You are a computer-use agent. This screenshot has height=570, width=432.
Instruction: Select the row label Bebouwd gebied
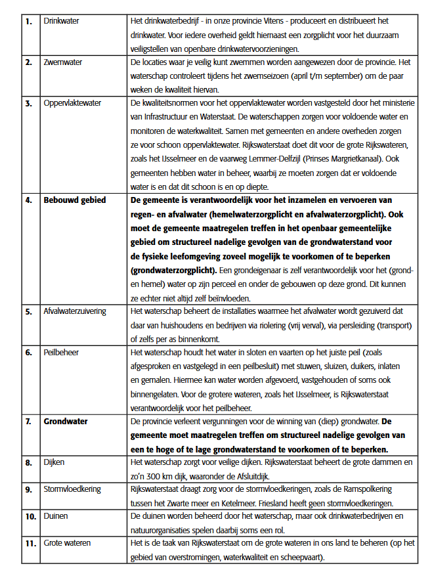click(x=74, y=200)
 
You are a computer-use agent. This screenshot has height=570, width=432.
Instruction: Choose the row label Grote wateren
click(x=67, y=543)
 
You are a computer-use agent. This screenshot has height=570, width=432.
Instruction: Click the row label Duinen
click(x=57, y=516)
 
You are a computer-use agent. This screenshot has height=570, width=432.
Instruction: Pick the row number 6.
click(x=28, y=352)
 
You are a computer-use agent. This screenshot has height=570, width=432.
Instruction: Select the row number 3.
click(x=28, y=103)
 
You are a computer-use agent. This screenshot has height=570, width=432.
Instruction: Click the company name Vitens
click(x=312, y=21)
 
